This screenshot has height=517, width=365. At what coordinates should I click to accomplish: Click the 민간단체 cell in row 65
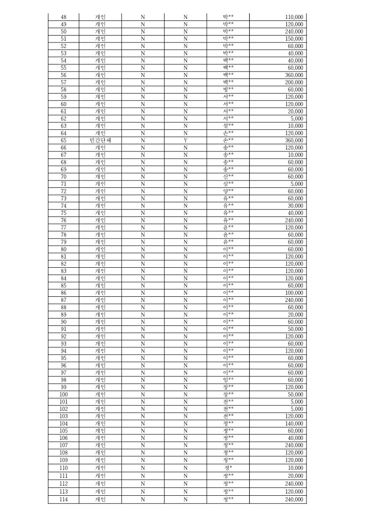pos(100,140)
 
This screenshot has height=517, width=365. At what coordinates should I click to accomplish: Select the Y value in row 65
pos(185,140)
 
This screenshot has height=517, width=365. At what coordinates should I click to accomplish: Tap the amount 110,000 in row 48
pos(294,17)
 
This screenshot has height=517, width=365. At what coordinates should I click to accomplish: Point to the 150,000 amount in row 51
pos(294,39)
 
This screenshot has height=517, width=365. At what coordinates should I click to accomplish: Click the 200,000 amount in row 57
pos(294,82)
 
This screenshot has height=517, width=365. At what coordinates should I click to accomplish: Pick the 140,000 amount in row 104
pos(294,424)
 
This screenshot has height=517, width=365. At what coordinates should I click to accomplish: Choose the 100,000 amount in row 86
pos(294,293)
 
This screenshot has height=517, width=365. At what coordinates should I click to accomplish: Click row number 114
pos(64,499)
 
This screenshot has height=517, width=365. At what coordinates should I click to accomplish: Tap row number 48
pos(64,17)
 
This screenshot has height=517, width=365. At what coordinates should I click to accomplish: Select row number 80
pos(64,249)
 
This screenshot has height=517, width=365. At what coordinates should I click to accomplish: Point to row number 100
pos(64,395)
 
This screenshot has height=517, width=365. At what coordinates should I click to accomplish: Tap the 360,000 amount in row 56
pos(294,75)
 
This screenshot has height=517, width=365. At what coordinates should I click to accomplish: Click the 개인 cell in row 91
pos(100,329)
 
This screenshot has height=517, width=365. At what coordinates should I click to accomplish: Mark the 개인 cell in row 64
pos(100,133)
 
